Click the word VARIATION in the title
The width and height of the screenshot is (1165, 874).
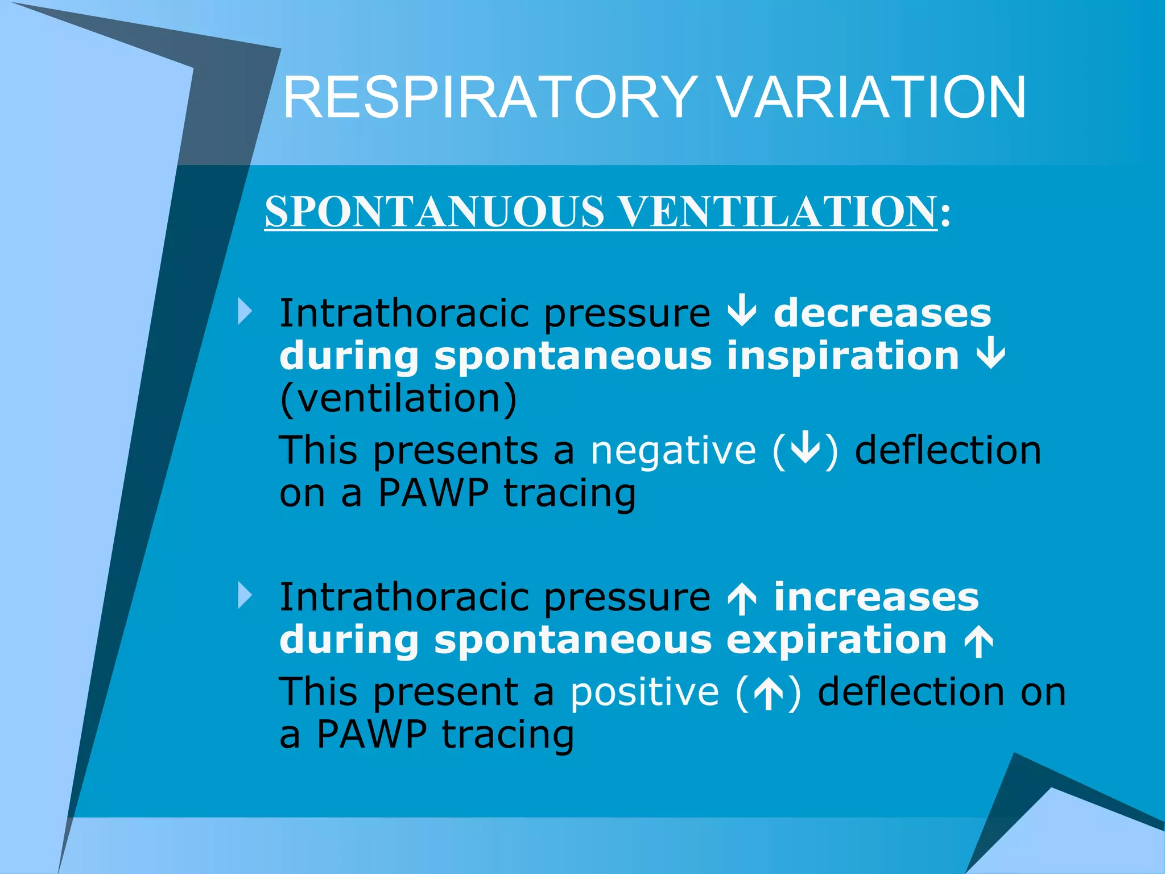872,98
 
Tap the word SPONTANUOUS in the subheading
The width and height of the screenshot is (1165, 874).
434,212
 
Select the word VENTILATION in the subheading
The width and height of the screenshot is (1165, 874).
777,212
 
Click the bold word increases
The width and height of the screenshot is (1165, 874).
877,597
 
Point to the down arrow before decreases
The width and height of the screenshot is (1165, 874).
742,313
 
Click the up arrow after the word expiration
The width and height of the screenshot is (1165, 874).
978,642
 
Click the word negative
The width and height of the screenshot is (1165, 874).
674,451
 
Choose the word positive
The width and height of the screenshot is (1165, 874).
645,692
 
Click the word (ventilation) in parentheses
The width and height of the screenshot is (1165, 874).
399,398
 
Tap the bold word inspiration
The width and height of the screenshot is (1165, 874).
843,356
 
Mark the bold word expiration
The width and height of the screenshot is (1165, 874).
836,640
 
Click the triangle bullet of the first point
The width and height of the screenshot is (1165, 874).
245,312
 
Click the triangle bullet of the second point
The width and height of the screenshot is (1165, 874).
245,596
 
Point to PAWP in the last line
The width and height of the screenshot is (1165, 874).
371,735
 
